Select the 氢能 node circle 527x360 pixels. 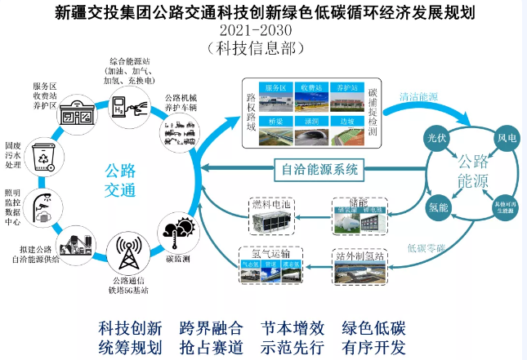pos(438,207)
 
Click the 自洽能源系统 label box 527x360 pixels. pos(319,170)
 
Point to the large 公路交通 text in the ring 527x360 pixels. pos(119,180)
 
